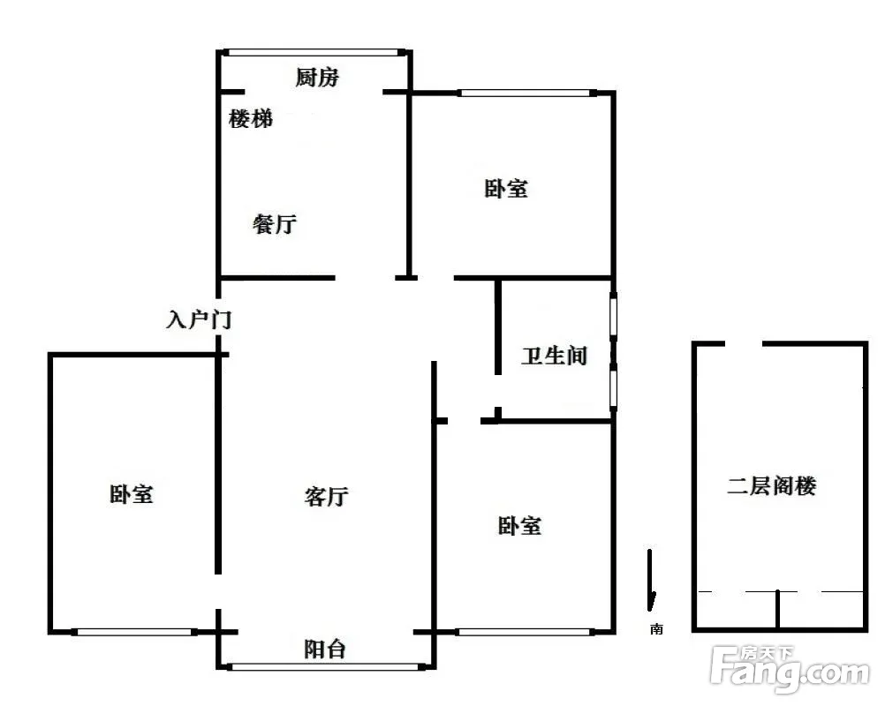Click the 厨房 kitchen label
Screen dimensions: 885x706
[317, 78]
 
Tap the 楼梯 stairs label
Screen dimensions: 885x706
[251, 119]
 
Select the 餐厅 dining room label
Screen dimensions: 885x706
[275, 224]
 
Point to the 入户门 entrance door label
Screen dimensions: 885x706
[200, 319]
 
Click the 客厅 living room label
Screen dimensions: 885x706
[326, 496]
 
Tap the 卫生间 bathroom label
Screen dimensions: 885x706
[555, 356]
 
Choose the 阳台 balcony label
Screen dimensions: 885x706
[325, 649]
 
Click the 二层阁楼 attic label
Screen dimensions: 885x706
[772, 485]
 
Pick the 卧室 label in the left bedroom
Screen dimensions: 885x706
[132, 494]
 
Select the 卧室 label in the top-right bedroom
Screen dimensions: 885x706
[506, 188]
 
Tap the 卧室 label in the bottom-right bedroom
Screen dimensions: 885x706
[520, 526]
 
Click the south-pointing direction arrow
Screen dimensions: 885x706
[651, 581]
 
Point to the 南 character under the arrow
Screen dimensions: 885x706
[656, 628]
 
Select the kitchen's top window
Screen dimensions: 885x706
[314, 52]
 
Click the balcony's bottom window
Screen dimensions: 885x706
[326, 667]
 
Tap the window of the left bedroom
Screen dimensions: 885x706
[133, 632]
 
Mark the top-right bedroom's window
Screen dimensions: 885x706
[526, 93]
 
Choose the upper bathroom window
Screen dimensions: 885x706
[613, 315]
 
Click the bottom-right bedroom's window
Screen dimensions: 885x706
[525, 632]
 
